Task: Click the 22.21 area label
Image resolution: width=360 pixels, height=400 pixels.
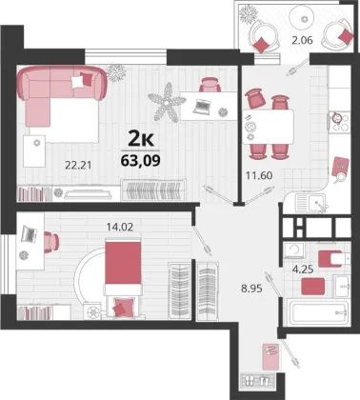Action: point(78,165)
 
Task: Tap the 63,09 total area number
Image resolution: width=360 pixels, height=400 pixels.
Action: point(140,160)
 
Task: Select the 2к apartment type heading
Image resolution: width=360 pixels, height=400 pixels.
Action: point(141,139)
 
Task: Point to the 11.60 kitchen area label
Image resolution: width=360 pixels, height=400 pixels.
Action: point(259,175)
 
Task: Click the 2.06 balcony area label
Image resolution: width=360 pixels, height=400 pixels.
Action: point(303,40)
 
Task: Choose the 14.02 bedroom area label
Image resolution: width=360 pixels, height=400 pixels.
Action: point(120,227)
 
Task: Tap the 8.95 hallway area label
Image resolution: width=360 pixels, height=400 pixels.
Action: point(251,289)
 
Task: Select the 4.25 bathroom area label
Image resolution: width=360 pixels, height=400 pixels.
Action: point(303,270)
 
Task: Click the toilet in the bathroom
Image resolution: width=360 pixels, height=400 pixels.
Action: point(331,259)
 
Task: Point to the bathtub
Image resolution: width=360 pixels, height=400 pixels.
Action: point(317,312)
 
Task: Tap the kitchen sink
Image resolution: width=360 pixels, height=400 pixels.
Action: point(310,203)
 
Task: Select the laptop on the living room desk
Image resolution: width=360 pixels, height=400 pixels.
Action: point(202,106)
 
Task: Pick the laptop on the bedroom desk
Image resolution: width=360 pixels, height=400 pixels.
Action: point(29,234)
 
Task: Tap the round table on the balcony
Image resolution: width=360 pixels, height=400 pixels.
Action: point(305,19)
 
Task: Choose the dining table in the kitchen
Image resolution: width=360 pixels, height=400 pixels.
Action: point(268,127)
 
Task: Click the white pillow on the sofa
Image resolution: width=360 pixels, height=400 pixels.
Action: point(78,82)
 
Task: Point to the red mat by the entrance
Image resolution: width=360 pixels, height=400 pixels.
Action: point(270,356)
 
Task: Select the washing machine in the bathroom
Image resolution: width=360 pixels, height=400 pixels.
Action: point(294,250)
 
